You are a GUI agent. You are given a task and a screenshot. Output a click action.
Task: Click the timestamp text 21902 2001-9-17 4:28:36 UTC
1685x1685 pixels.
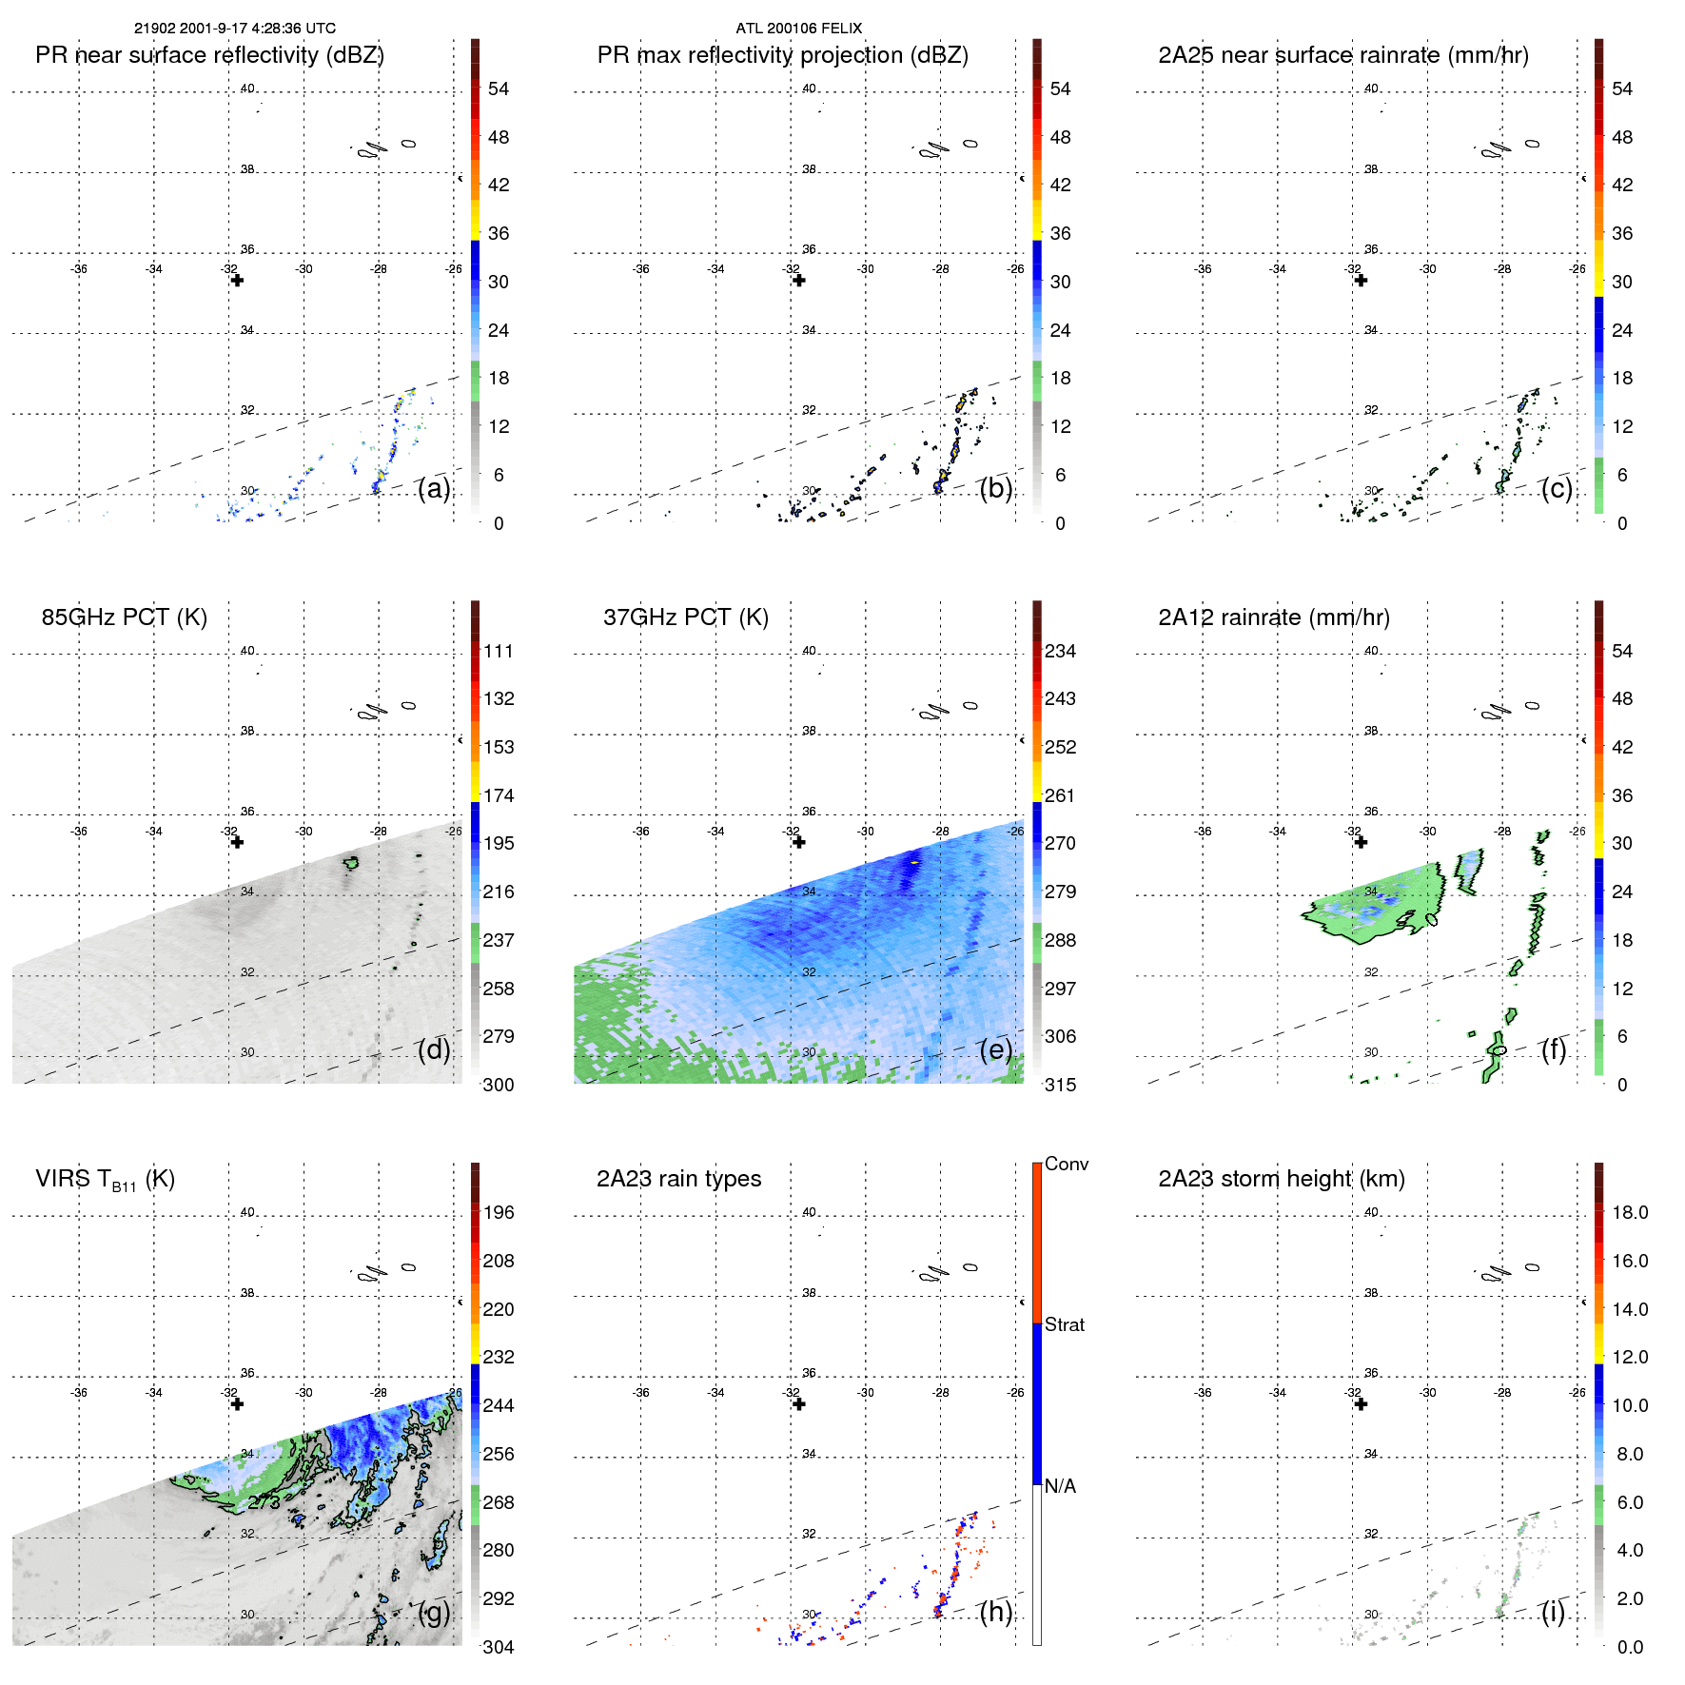click(234, 29)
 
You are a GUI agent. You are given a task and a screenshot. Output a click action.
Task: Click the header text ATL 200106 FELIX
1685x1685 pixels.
click(798, 29)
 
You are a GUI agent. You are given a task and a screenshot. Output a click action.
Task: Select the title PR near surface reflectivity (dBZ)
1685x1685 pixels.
click(209, 55)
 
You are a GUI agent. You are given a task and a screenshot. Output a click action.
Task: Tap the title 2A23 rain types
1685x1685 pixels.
click(678, 1179)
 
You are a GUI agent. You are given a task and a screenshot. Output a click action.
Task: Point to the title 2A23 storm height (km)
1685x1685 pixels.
click(1281, 1179)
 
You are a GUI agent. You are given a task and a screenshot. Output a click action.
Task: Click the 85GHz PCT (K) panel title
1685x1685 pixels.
click(124, 617)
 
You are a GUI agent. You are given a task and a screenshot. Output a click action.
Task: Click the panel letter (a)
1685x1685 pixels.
click(434, 489)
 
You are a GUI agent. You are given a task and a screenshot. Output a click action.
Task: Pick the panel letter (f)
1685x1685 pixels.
click(1554, 1049)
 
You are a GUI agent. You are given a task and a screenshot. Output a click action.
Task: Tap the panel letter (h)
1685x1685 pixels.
click(996, 1612)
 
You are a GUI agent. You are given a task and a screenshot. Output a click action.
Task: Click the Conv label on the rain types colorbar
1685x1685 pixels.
click(1066, 1165)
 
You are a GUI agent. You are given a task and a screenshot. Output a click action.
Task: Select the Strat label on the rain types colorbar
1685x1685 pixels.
click(1064, 1325)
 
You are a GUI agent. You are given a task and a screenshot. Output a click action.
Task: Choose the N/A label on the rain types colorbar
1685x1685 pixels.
click(1060, 1486)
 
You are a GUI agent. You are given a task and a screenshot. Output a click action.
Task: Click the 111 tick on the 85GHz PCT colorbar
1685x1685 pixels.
click(499, 652)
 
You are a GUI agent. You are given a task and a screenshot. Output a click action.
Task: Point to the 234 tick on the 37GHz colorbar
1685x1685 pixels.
click(1060, 652)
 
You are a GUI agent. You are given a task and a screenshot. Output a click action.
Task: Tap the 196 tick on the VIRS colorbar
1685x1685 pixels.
click(499, 1213)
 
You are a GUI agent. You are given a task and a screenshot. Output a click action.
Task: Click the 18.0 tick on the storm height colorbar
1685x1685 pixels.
click(1629, 1213)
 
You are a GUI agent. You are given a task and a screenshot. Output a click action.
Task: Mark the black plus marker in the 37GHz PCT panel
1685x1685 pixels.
click(799, 842)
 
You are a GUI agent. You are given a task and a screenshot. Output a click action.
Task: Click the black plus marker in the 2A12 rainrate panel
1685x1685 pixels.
click(1361, 842)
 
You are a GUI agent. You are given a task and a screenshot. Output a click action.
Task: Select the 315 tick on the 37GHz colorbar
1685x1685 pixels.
click(1060, 1086)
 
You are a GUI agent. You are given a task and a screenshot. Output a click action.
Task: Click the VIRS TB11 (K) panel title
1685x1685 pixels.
click(105, 1180)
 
